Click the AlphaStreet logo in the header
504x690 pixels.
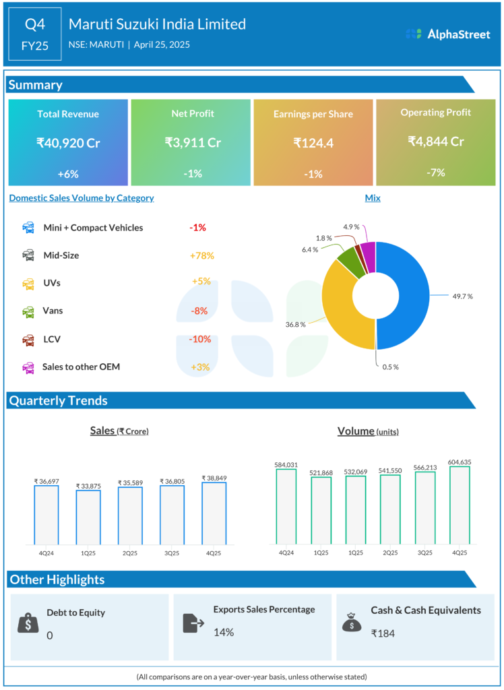tap(448, 34)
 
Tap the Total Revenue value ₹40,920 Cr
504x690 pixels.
tap(68, 142)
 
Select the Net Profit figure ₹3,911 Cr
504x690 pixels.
tap(193, 142)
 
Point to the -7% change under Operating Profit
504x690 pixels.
tap(436, 172)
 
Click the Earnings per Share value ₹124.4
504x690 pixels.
tap(313, 142)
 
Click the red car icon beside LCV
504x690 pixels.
tap(29, 340)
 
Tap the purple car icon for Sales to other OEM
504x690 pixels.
tap(29, 367)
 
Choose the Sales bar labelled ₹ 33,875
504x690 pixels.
tap(88, 517)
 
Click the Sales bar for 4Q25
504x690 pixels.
tap(214, 513)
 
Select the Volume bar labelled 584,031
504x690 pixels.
tap(286, 505)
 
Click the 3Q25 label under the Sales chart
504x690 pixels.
tap(172, 553)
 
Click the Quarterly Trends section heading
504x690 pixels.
tap(58, 400)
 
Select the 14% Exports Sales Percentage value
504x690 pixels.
tap(224, 632)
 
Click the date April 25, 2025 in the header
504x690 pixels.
tap(161, 45)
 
